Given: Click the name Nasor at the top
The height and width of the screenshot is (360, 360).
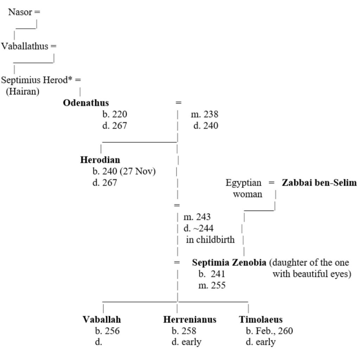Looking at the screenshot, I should [x=20, y=12].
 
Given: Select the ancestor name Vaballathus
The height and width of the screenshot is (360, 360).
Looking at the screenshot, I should [x=25, y=46].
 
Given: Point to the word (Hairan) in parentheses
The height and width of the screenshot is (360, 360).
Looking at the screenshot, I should [x=22, y=92].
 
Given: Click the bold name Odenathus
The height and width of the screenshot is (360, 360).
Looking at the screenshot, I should [x=86, y=103].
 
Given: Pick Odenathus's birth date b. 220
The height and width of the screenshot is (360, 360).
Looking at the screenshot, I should [x=115, y=115].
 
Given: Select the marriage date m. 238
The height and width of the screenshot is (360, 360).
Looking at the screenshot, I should [x=204, y=115].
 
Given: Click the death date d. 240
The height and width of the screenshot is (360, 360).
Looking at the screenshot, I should [x=206, y=126].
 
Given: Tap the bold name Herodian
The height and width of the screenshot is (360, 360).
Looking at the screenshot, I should [x=100, y=160].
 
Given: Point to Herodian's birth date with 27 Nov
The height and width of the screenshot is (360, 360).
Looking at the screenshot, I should [x=124, y=172].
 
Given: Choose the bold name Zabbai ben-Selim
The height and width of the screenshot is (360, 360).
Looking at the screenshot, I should [x=319, y=183].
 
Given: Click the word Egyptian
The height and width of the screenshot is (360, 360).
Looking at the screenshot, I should [x=244, y=183].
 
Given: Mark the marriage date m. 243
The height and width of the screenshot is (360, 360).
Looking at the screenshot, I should [x=197, y=217].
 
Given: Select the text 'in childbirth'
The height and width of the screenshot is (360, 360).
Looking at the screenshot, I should [x=210, y=240].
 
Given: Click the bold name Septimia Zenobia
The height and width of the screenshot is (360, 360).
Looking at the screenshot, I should [x=229, y=263].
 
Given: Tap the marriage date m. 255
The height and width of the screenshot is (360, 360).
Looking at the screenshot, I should [x=212, y=285].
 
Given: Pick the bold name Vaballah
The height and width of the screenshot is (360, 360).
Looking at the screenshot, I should [x=102, y=320].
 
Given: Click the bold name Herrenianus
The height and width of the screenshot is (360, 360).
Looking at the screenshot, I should [x=189, y=320].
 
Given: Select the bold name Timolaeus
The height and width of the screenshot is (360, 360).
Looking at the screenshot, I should [x=261, y=320].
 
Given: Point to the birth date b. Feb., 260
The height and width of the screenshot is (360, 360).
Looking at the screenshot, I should [x=269, y=331].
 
